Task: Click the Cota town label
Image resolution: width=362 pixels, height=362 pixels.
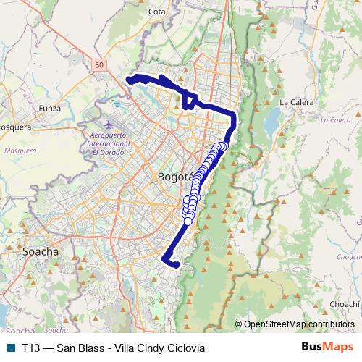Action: click(156, 12)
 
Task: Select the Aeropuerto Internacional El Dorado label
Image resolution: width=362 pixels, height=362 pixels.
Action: click(107, 144)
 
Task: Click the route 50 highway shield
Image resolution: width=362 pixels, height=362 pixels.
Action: click(99, 65)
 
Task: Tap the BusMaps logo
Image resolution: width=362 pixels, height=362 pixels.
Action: click(327, 347)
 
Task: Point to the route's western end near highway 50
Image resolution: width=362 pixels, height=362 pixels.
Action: click(130, 79)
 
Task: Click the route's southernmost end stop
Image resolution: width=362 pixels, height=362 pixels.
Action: click(174, 264)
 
